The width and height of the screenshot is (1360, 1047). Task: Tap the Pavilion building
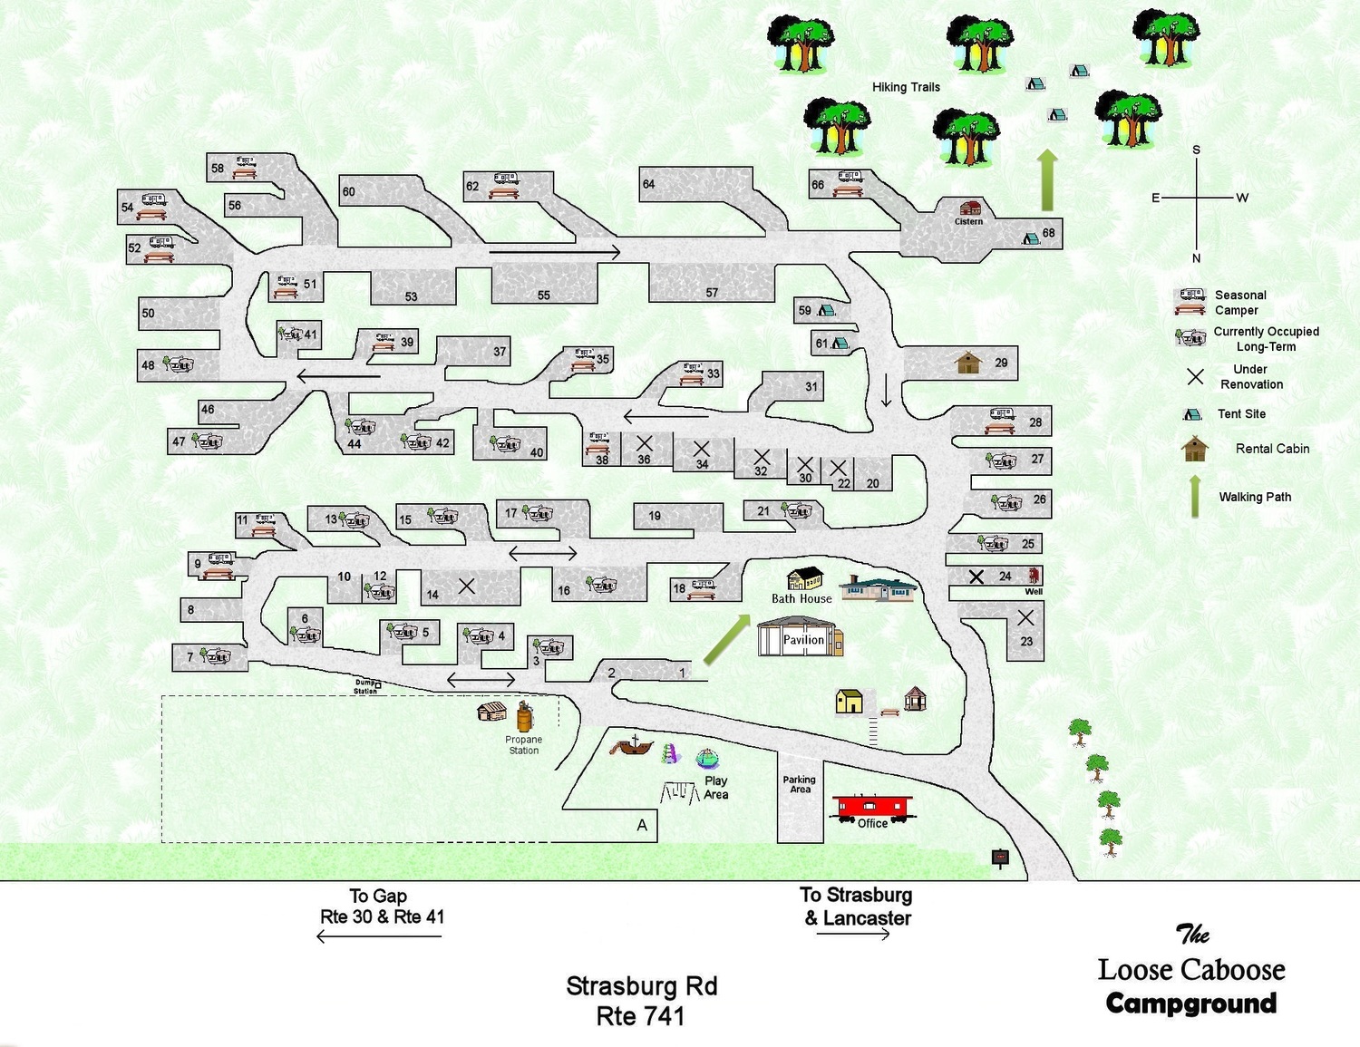[801, 636]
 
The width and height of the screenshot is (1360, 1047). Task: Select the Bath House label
[801, 598]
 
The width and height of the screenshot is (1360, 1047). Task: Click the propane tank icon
[525, 716]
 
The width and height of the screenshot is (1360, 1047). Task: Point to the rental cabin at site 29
[969, 364]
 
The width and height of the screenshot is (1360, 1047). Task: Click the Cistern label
[968, 221]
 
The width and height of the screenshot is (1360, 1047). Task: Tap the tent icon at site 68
[1031, 238]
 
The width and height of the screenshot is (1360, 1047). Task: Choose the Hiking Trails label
[906, 87]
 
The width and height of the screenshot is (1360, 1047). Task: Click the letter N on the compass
[1196, 258]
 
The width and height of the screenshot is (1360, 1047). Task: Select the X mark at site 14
[467, 587]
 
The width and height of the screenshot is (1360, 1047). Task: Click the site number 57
[712, 293]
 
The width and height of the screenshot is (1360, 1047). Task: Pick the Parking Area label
[799, 784]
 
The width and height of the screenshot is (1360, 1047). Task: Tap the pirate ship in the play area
[632, 746]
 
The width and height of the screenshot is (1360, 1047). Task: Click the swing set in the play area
[679, 793]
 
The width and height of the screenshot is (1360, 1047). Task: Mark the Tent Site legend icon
[1192, 414]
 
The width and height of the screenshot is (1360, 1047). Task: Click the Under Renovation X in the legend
[1195, 376]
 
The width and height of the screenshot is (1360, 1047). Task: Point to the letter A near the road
[642, 826]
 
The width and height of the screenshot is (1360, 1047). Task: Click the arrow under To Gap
[379, 936]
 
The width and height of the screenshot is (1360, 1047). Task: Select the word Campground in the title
[1191, 1003]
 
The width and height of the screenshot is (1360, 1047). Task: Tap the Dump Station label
[365, 686]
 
